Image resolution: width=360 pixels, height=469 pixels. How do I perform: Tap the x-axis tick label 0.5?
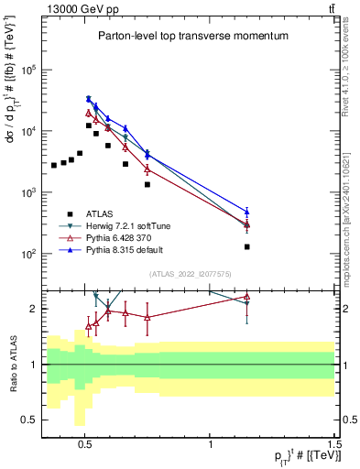84,442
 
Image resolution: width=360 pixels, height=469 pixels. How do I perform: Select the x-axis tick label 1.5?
335,442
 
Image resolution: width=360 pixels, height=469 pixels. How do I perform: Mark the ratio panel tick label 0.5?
30,420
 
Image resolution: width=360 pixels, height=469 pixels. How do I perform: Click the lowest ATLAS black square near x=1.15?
246,246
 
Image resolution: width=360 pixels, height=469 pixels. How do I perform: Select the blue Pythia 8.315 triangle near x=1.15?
246,212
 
